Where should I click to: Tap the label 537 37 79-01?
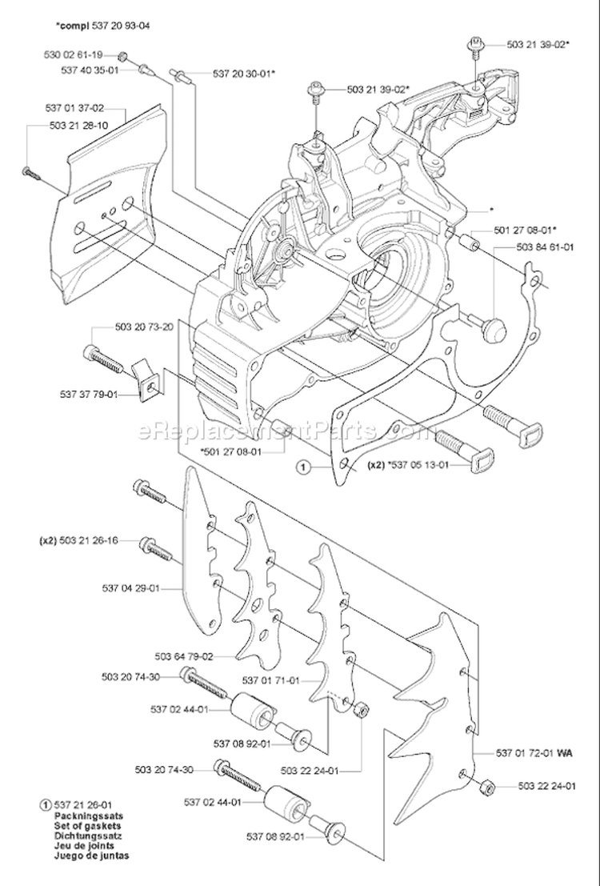[88, 394]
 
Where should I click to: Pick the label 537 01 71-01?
[271, 680]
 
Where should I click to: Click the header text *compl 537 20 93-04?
[102, 26]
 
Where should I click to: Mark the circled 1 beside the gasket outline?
[302, 465]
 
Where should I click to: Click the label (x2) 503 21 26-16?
[78, 541]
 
